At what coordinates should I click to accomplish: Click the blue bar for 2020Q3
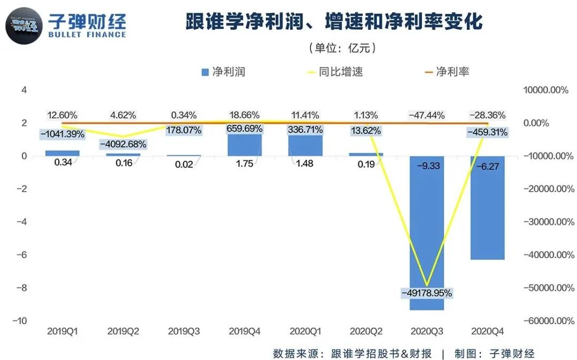427,235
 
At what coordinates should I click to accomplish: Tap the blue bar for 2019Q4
245,145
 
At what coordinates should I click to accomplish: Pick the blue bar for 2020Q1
306,146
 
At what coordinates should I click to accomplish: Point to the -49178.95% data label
427,293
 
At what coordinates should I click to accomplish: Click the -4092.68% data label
124,144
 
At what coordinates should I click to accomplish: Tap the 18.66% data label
244,115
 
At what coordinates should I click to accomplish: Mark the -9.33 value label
427,166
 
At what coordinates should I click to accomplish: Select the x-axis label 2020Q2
366,331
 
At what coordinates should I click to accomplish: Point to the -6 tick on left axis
24,255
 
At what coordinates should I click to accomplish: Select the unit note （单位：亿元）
342,48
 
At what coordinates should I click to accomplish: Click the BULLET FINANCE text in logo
87,35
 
